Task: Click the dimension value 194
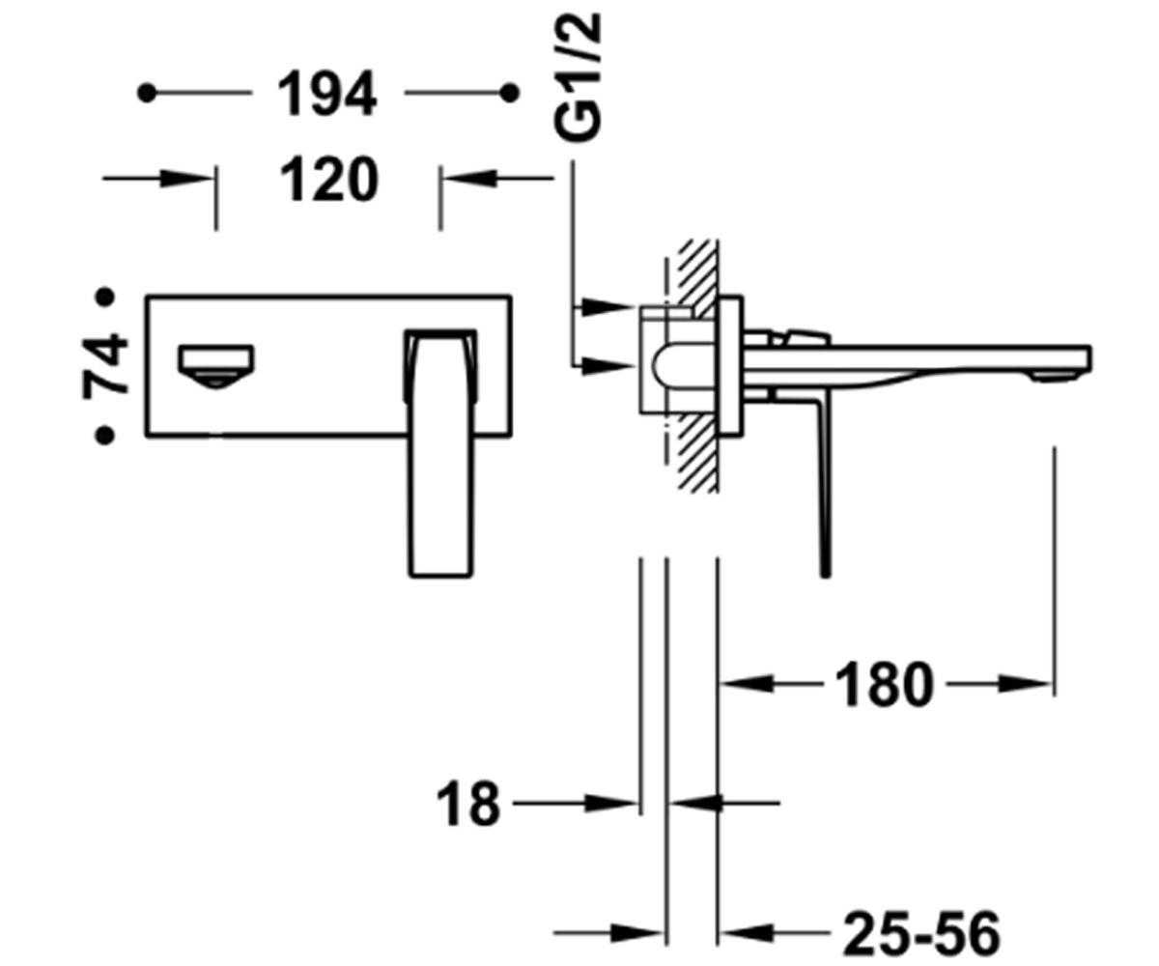(327, 95)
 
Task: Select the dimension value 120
(328, 180)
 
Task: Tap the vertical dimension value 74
(105, 366)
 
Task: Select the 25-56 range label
(921, 934)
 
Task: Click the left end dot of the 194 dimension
(147, 94)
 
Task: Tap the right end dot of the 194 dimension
(510, 94)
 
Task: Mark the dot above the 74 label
(105, 297)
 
